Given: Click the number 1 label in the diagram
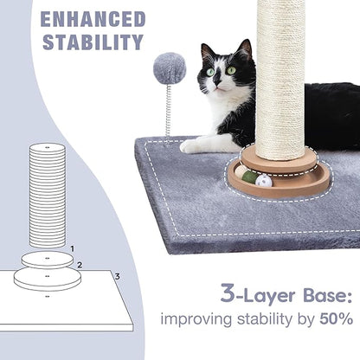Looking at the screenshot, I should [x=71, y=248].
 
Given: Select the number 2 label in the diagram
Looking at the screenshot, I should [x=79, y=265].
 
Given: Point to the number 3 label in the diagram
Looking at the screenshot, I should [x=118, y=277].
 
